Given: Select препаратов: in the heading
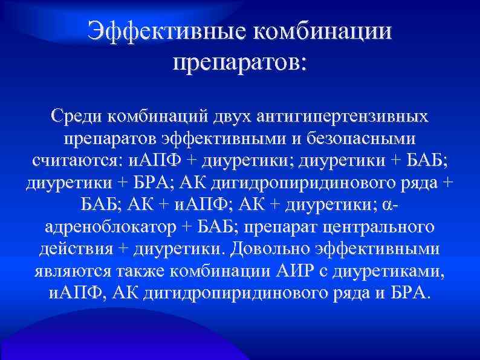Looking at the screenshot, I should point(240,62).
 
